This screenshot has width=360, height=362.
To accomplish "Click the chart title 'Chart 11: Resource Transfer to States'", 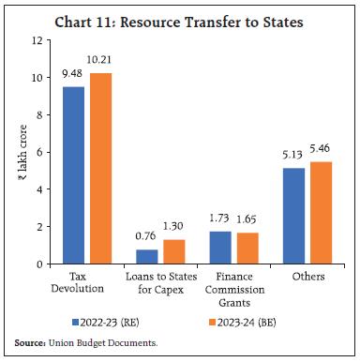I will click(x=180, y=17).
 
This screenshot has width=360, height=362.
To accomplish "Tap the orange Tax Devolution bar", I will click(x=98, y=169).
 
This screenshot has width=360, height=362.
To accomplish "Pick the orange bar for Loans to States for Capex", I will click(x=172, y=251).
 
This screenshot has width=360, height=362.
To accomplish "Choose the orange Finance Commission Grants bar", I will click(x=246, y=249).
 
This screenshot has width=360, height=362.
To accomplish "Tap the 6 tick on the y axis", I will click(x=37, y=152).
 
